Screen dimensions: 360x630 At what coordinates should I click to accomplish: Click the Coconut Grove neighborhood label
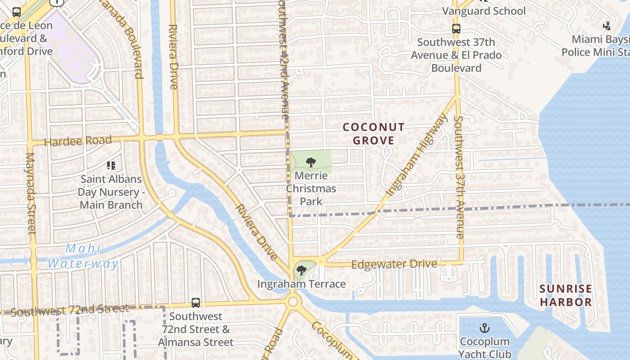pos(373,134)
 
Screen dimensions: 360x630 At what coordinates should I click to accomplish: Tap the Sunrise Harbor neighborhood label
pos(566,295)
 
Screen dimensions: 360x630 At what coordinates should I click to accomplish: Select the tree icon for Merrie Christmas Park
pos(310,162)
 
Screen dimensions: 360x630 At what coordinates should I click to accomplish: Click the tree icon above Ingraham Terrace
pos(301,270)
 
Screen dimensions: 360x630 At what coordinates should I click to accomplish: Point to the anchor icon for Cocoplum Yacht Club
pos(485,328)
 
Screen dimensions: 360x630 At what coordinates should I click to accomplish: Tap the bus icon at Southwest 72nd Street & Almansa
pos(196,303)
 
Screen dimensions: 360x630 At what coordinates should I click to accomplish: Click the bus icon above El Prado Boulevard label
pos(456,29)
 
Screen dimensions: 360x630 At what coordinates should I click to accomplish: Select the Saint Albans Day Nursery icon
pos(111,166)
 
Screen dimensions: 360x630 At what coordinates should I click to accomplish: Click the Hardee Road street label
pos(78,141)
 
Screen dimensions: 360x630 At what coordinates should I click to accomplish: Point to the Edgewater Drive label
pos(394,264)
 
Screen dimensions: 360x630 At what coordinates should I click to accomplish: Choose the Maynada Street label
pos(31,193)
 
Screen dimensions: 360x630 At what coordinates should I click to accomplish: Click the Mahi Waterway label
pos(83,256)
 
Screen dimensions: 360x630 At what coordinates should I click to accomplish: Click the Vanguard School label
pos(484,11)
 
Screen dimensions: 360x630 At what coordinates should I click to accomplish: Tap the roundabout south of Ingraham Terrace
pos(293,301)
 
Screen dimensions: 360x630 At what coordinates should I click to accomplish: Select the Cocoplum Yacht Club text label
pos(485,348)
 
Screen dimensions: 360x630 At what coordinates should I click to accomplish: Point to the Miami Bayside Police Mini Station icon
pos(607,26)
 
